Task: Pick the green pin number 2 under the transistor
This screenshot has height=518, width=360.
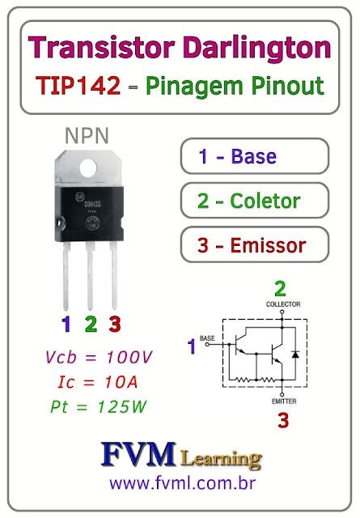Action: pyautogui.click(x=91, y=325)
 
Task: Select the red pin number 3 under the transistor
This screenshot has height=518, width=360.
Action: pyautogui.click(x=115, y=325)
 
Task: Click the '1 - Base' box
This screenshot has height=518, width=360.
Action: pyautogui.click(x=252, y=156)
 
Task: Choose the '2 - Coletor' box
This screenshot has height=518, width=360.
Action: pyautogui.click(x=252, y=201)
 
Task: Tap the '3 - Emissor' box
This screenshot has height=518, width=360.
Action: pyautogui.click(x=252, y=244)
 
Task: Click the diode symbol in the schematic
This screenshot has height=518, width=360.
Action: pyautogui.click(x=295, y=355)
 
